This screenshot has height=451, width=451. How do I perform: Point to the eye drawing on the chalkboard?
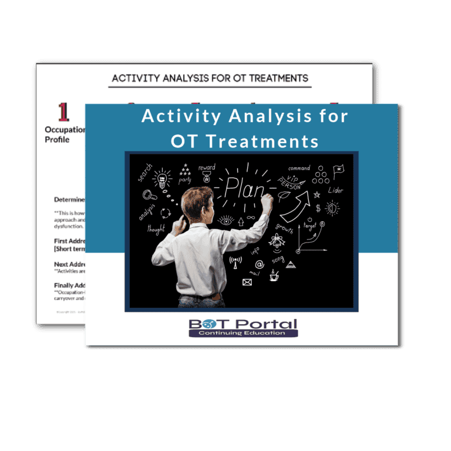click(225, 221)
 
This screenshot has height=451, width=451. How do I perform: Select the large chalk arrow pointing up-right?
click(295, 205)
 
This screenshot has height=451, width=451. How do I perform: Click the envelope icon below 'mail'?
click(247, 282)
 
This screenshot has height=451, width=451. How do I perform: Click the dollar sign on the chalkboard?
click(318, 208)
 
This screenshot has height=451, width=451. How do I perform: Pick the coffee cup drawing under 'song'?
click(274, 275)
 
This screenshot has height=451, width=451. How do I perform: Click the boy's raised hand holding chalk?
click(268, 203)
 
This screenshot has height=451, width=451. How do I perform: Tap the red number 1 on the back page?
click(63, 112)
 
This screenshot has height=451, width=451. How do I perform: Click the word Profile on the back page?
click(57, 140)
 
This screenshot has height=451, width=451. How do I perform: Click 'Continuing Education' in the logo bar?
click(243, 333)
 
